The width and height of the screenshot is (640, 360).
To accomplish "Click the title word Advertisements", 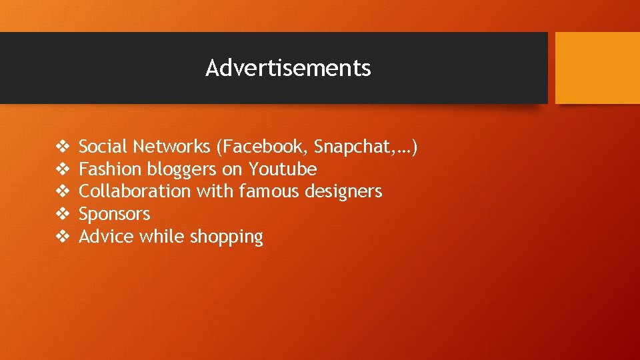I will tap(288, 68).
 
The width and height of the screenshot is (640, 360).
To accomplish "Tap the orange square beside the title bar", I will tap(597, 68).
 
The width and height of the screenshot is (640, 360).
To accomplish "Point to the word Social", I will tap(103, 146).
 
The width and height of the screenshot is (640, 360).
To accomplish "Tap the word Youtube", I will tap(283, 169).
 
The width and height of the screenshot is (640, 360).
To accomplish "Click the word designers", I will tap(343, 192).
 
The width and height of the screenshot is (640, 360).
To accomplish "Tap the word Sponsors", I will tap(115, 215).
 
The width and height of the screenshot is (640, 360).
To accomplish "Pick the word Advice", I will tap(107, 237).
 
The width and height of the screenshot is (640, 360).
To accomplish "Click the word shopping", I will tap(227, 237).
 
